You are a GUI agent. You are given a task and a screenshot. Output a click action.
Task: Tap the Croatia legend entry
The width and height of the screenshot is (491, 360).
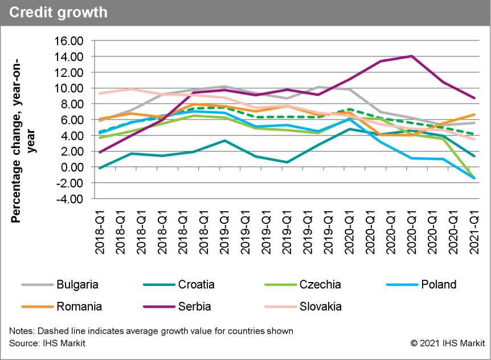click(197, 284)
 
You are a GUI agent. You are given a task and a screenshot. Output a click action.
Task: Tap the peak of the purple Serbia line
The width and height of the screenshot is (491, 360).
click(411, 56)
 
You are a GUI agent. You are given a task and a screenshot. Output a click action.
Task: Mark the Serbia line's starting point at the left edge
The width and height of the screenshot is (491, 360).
click(100, 152)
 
